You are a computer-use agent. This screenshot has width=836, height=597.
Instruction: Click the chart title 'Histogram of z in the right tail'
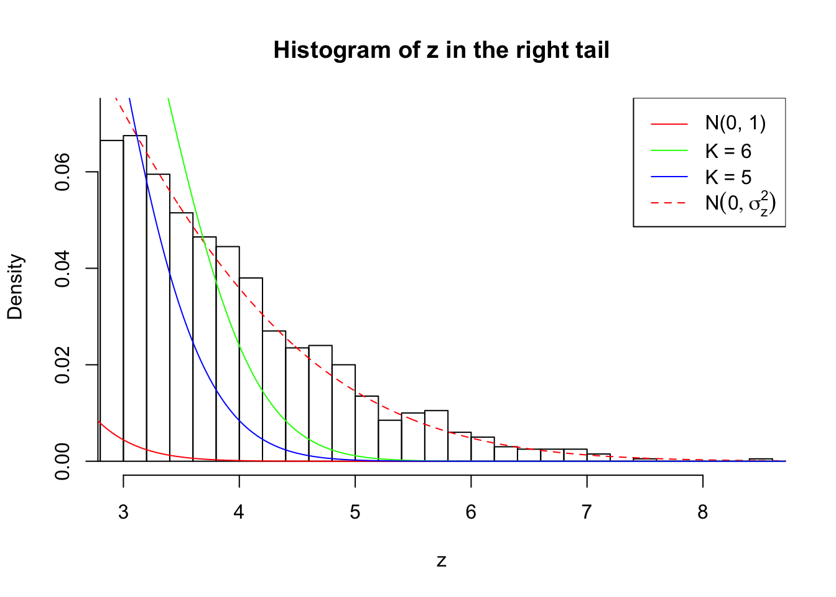(x=441, y=50)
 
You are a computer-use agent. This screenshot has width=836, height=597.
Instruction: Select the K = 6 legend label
(x=728, y=151)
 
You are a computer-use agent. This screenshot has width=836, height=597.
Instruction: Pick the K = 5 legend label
(x=728, y=177)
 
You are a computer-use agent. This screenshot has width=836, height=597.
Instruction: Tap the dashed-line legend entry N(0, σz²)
(x=740, y=203)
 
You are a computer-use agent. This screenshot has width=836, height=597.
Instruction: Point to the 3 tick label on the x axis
(x=123, y=512)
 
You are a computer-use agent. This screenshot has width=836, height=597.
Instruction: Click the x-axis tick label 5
(x=355, y=512)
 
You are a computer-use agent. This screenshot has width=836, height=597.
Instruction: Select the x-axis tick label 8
(x=703, y=512)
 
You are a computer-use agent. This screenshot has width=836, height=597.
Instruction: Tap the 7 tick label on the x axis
(x=587, y=512)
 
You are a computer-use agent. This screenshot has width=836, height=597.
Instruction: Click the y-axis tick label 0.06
(x=62, y=172)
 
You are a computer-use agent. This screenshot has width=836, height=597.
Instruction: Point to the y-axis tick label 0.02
(x=62, y=365)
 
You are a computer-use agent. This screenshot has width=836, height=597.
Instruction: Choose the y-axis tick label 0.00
(x=62, y=461)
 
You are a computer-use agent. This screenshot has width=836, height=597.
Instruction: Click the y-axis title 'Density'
(x=15, y=287)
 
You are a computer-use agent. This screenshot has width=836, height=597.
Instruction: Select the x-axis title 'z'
(x=441, y=561)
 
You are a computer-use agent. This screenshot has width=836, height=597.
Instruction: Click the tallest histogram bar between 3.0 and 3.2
(x=135, y=298)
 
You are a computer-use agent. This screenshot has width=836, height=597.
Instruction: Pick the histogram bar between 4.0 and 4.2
(x=251, y=369)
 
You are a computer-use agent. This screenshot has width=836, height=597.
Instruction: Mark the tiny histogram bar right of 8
(x=761, y=460)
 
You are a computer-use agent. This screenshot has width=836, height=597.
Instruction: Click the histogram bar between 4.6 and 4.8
(x=320, y=403)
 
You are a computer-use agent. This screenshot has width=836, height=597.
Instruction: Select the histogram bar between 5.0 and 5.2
(x=366, y=428)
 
